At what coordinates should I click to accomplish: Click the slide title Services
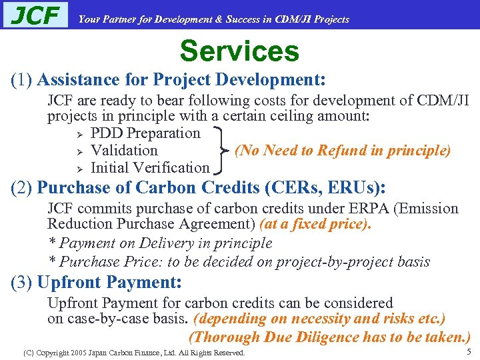239,51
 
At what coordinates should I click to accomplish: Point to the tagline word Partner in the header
121,19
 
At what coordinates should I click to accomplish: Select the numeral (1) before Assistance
22,81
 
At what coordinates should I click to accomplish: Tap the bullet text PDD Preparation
145,133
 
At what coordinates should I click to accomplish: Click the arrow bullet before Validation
78,151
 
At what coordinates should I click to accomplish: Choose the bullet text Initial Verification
149,168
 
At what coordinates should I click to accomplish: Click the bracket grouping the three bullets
221,151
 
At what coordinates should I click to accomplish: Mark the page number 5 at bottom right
469,351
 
